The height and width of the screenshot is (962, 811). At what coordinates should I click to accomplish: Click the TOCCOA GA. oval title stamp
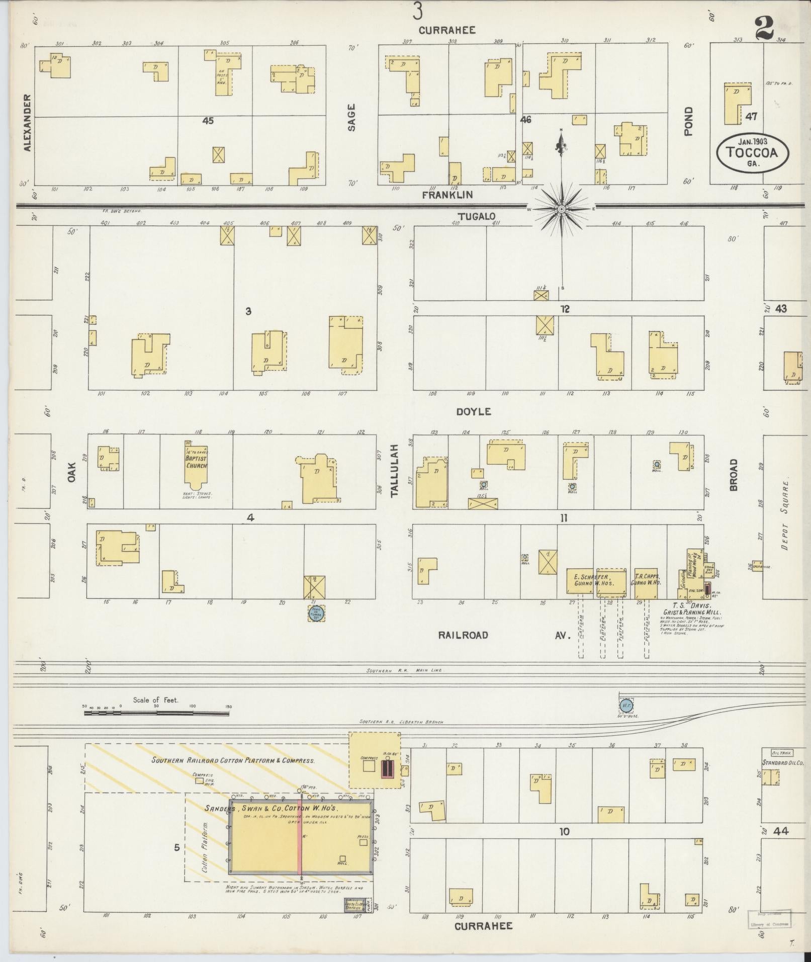[x=752, y=152]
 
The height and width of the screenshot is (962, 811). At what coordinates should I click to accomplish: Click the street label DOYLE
[x=473, y=411]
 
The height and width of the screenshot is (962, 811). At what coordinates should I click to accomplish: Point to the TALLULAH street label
[x=394, y=470]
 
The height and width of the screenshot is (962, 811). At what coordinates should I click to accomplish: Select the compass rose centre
[x=562, y=208]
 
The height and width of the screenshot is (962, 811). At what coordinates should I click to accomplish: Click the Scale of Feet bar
[x=156, y=713]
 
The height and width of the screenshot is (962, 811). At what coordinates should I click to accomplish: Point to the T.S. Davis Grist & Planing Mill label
[x=696, y=609]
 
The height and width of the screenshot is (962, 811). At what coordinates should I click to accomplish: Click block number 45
[x=208, y=121]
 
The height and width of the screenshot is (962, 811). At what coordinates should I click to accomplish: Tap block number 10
[x=564, y=832]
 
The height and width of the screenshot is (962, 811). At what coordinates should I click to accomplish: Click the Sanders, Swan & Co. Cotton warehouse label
[x=286, y=809]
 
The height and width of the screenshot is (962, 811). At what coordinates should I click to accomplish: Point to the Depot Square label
[x=783, y=520]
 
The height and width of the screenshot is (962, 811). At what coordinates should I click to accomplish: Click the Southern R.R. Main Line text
[x=404, y=670]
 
